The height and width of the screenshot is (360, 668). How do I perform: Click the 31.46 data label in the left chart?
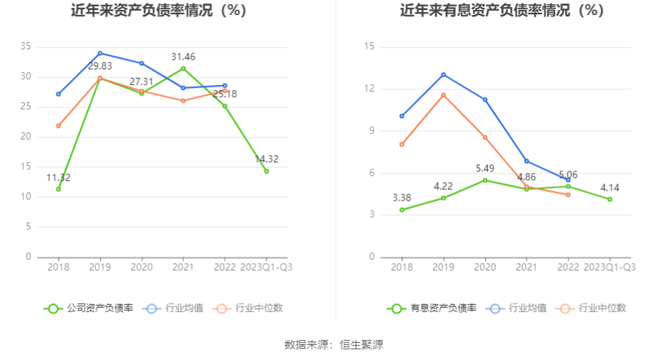(183, 56)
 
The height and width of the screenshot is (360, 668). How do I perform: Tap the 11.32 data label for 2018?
(59, 178)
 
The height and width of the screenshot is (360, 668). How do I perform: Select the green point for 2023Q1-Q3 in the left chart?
(266, 171)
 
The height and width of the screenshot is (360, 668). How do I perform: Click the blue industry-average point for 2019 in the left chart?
(100, 53)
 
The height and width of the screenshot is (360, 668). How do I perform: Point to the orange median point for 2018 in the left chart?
(59, 126)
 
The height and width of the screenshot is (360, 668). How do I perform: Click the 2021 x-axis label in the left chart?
(183, 267)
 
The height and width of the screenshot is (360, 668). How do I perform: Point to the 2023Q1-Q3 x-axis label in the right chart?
(609, 267)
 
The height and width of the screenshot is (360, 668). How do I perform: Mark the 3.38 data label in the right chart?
(402, 197)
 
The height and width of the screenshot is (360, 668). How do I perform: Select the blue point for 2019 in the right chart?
(443, 74)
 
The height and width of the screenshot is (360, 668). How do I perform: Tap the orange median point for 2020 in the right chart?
(484, 137)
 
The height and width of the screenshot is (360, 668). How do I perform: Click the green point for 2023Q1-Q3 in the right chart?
(609, 199)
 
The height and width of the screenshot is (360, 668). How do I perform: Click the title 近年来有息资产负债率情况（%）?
(502, 11)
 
